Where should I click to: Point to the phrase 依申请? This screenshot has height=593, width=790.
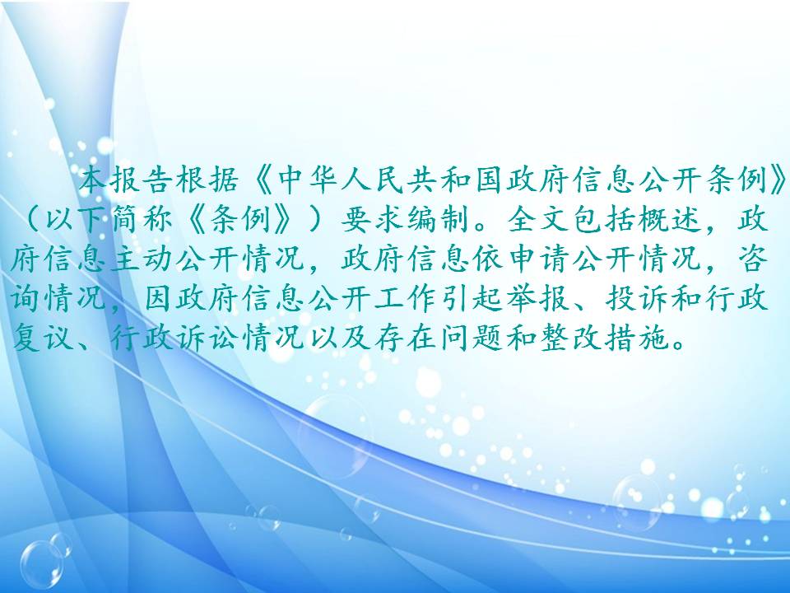click(x=523, y=259)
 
